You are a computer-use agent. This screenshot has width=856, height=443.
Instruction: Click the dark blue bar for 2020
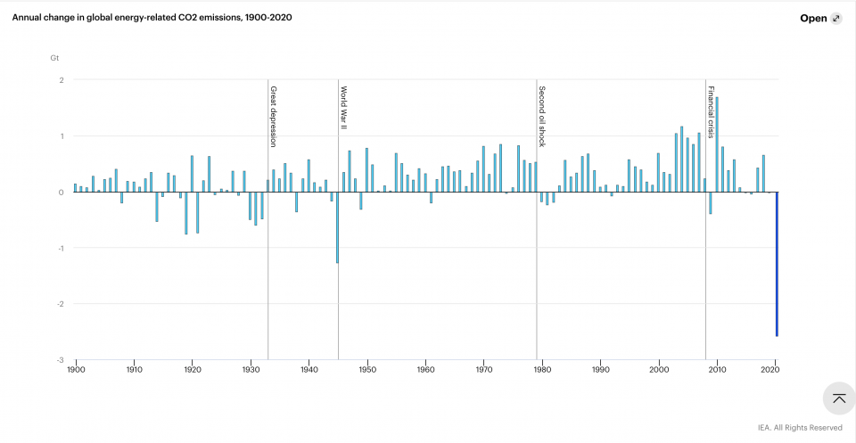[776, 264]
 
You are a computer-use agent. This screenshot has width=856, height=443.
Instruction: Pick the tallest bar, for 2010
[717, 144]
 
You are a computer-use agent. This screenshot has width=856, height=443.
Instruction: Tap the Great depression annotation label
[274, 117]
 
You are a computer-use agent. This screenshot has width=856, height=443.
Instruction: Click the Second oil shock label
[542, 117]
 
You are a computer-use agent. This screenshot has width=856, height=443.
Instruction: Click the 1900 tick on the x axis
[76, 369]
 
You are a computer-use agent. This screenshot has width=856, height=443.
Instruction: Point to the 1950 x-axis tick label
[367, 369]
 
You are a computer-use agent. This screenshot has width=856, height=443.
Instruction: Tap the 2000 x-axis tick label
[659, 369]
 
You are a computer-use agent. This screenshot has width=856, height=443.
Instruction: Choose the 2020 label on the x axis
[775, 369]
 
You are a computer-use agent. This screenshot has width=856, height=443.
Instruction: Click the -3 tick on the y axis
[61, 360]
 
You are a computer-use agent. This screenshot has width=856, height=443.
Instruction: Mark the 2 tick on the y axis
[62, 80]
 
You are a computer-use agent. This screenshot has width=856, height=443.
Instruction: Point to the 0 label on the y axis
[62, 193]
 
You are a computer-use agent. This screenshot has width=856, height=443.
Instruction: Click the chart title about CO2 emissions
[152, 18]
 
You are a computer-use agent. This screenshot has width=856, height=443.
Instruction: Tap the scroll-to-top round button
[838, 398]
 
